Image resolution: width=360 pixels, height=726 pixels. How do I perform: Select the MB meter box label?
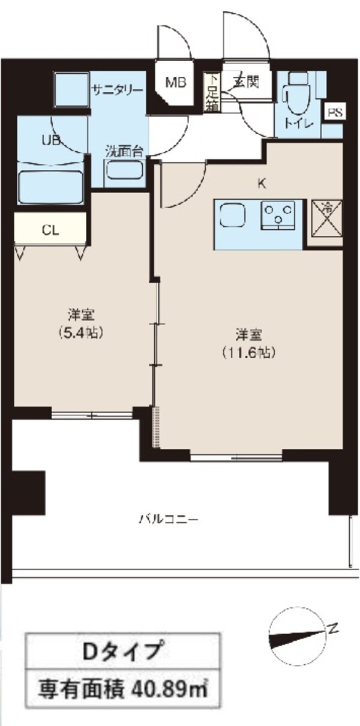point(176,83)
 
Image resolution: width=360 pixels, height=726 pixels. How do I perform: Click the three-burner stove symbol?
point(280,214)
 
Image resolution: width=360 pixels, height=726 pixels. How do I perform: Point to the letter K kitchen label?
point(262,184)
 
